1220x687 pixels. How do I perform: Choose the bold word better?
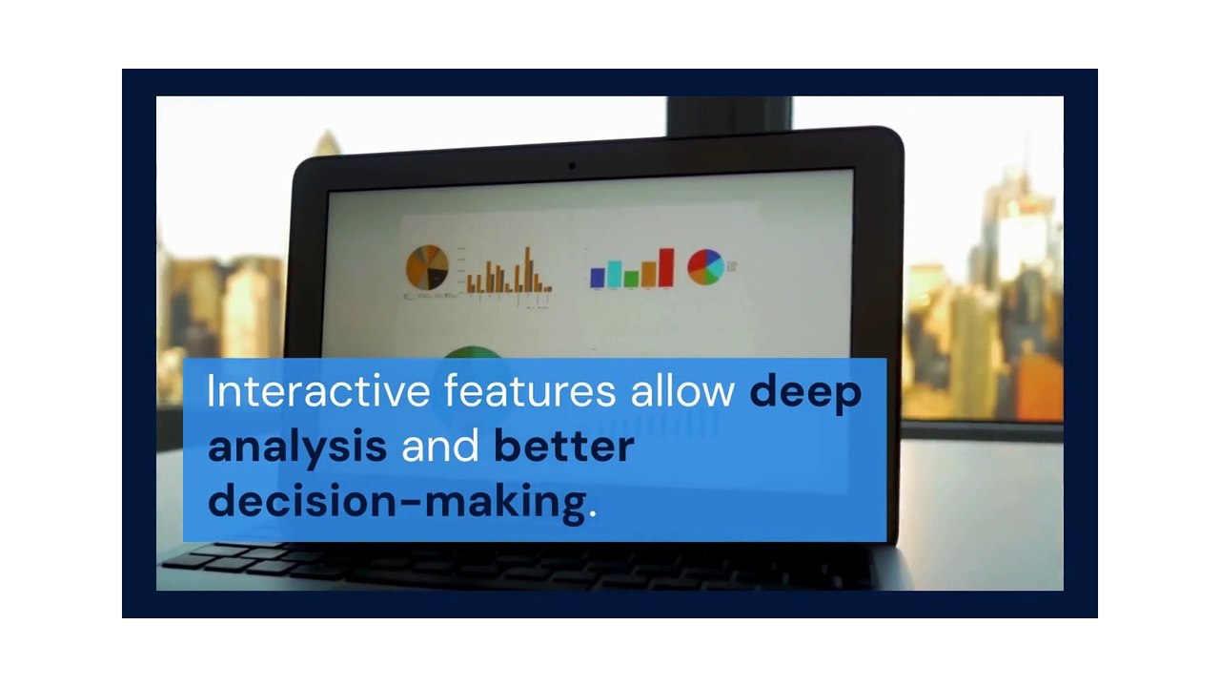coord(563,447)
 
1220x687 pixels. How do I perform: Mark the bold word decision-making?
coord(396,501)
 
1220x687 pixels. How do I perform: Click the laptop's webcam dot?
coord(572,166)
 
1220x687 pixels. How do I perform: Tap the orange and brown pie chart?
coord(427,267)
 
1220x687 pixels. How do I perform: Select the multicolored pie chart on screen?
coord(705,267)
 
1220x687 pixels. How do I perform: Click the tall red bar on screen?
coord(665,267)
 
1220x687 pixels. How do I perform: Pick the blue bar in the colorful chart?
coord(598,277)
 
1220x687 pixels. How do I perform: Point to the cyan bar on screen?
coord(615,273)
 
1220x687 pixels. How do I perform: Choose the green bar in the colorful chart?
coord(631,279)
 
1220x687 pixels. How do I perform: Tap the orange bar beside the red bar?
coord(648,274)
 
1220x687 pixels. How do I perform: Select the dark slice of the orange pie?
coord(437,280)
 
